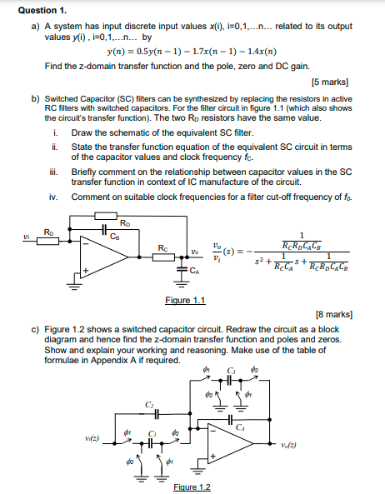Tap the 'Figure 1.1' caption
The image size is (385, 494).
185,300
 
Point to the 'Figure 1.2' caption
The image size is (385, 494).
191,486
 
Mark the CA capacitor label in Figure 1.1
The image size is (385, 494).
194,271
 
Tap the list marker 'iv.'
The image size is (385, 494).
54,197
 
